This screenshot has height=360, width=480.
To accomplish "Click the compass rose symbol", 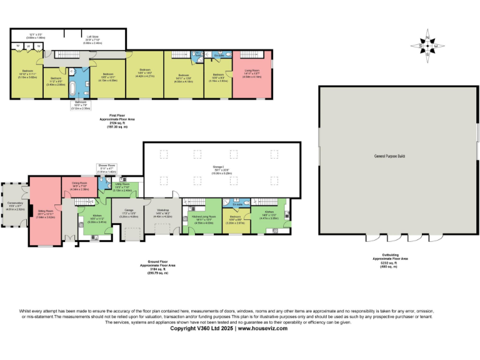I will [427, 46].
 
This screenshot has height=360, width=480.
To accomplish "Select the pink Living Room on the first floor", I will [252, 75].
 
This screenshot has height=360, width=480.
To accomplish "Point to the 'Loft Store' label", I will [92, 37].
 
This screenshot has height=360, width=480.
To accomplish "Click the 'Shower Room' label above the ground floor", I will [107, 167].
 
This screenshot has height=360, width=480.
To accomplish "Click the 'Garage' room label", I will [129, 209].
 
